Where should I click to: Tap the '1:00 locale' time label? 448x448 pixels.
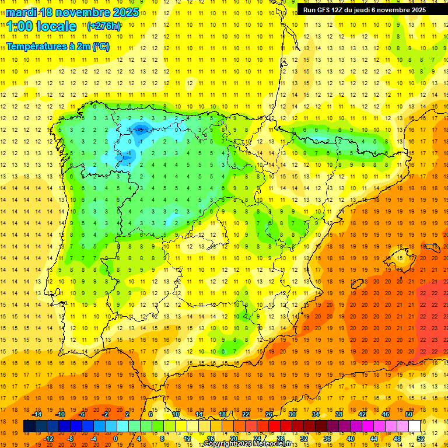pyautogui.click(x=41, y=26)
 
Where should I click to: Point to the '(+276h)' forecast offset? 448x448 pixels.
pyautogui.click(x=104, y=26)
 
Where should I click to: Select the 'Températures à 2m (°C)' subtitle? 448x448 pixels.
pyautogui.click(x=58, y=46)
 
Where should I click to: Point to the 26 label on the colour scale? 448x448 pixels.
pyautogui.click(x=268, y=414)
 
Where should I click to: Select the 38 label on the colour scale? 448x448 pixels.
pyautogui.click(x=338, y=414)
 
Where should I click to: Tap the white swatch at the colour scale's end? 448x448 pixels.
pyautogui.click(x=414, y=426)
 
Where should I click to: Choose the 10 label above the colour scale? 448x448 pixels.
pyautogui.click(x=176, y=414)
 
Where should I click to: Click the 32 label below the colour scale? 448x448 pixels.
pyautogui.click(x=303, y=439)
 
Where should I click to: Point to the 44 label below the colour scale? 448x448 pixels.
pyautogui.click(x=373, y=439)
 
